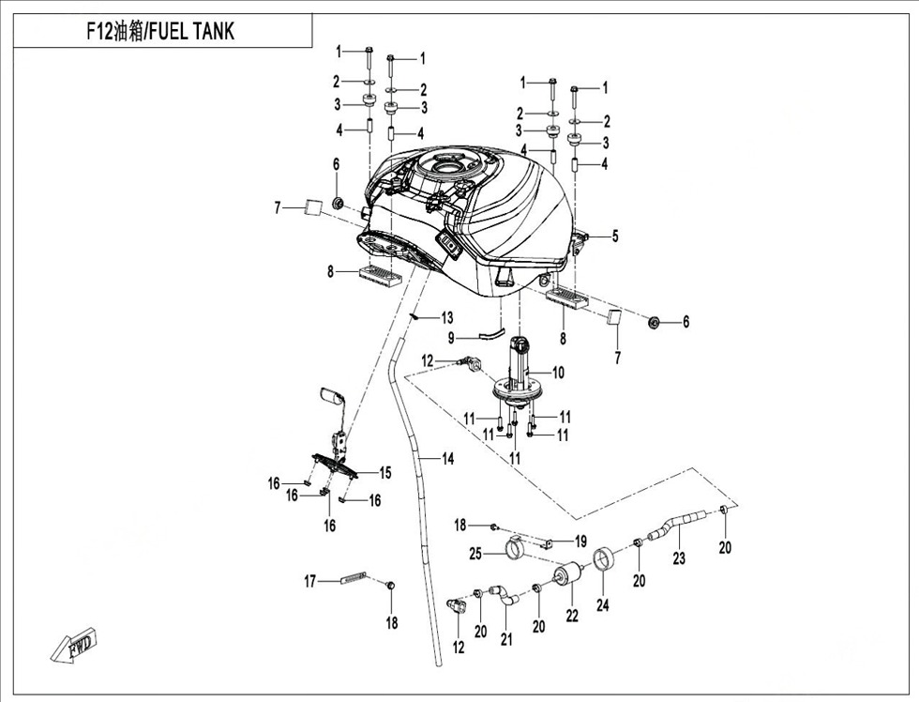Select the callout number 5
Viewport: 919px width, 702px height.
[x=615, y=237]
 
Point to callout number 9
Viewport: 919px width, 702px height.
[x=451, y=337]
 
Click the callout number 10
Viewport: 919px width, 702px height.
[x=558, y=373]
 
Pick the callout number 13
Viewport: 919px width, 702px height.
[x=447, y=317]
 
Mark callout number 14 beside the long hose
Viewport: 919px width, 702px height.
[x=448, y=459]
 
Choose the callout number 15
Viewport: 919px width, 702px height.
[x=384, y=472]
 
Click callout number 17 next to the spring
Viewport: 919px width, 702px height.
[x=309, y=582]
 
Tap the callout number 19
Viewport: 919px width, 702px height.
[x=580, y=542]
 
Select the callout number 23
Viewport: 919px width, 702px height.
[x=678, y=558]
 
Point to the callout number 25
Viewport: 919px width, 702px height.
[x=475, y=555]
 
